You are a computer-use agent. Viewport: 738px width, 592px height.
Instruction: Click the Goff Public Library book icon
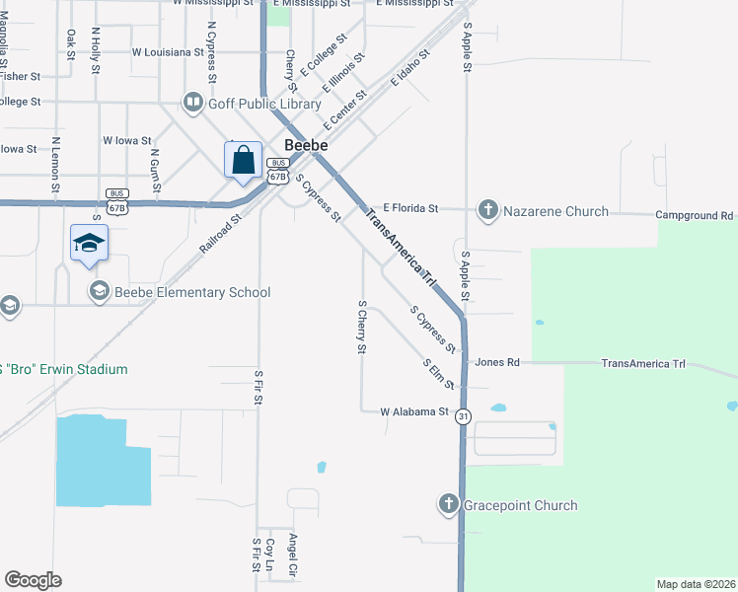tap(192, 103)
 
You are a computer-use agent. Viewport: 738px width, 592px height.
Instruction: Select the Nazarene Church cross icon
tap(487, 209)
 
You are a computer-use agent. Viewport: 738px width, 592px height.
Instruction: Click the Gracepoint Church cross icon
tap(449, 505)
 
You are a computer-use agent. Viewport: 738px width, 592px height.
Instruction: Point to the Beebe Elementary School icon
tap(99, 291)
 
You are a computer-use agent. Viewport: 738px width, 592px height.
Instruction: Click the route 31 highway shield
tap(463, 417)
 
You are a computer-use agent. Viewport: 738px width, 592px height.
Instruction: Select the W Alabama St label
tap(414, 411)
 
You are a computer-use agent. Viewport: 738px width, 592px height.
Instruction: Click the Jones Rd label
tap(496, 363)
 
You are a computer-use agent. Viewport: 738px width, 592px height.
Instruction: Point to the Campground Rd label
tap(696, 214)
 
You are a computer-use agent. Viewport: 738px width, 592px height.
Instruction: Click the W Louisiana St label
tap(167, 51)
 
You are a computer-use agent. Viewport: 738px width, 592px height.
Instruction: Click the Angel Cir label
tap(292, 555)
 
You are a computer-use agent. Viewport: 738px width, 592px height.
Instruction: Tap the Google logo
tap(34, 579)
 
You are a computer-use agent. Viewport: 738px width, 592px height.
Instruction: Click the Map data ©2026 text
tap(697, 584)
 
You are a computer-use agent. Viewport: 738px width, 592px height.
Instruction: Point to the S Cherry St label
tap(362, 328)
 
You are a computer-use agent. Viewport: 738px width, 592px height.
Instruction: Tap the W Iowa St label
tap(127, 141)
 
